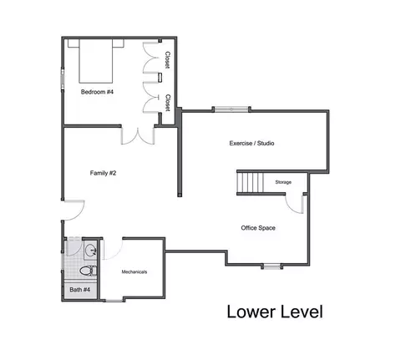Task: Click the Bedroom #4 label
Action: point(97,92)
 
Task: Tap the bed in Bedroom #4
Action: point(96,61)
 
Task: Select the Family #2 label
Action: point(103,173)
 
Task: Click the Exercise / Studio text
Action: point(251,143)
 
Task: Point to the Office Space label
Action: point(258,228)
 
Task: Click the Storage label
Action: point(283,182)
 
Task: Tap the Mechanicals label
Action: point(135,271)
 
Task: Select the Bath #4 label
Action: point(79,290)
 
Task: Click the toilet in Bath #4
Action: point(88,271)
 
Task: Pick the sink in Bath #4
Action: point(90,250)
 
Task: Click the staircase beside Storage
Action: point(250,183)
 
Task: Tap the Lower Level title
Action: point(275,312)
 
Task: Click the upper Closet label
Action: point(167,60)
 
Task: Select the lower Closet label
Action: point(168,103)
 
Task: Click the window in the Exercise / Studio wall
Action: point(231,109)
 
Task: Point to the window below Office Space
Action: point(272,266)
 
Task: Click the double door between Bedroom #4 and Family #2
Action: point(138,135)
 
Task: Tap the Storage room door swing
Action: point(294,204)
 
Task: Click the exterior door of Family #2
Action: point(73,210)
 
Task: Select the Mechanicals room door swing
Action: point(112,250)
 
